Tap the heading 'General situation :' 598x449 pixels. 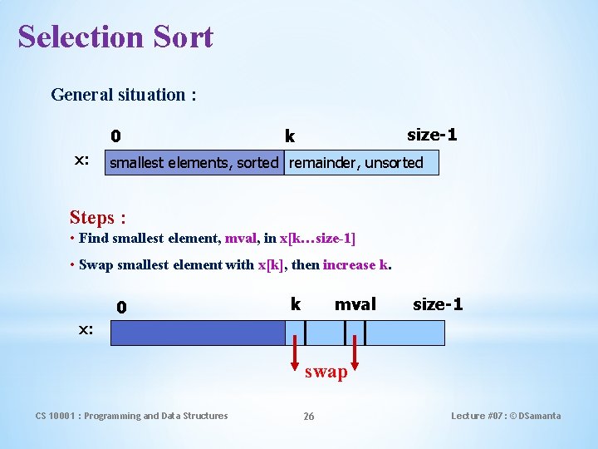click(x=124, y=94)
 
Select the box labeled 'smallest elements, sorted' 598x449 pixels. click(x=194, y=163)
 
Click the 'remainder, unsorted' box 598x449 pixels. click(x=356, y=163)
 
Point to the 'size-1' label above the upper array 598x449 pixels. click(x=432, y=135)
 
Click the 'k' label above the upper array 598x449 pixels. click(x=290, y=136)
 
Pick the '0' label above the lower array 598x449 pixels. click(x=121, y=308)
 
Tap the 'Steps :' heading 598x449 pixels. click(x=98, y=218)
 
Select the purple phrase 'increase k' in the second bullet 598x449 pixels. click(x=355, y=265)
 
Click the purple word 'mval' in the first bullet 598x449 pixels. click(x=241, y=239)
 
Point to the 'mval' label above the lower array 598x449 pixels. click(x=355, y=304)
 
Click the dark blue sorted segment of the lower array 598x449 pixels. click(x=198, y=333)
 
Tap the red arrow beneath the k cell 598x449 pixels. click(x=296, y=357)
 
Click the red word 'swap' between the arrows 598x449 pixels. click(x=326, y=372)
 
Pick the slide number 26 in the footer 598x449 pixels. click(x=308, y=416)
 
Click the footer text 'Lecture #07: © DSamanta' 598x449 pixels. click(x=506, y=416)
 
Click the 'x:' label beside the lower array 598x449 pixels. click(x=86, y=329)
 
